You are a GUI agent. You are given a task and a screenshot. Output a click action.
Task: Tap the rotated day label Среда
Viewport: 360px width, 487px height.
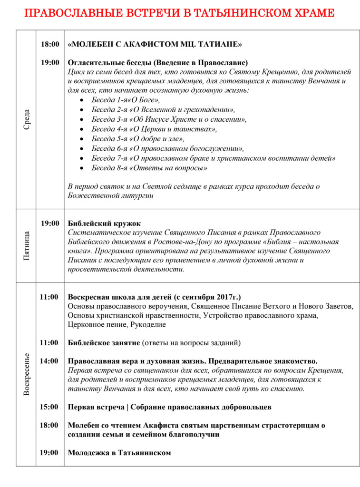(x=27, y=120)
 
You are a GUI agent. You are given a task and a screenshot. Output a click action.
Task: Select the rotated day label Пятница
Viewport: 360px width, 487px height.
(x=27, y=245)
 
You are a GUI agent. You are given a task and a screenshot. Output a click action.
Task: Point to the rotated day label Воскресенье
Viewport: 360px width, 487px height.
(x=27, y=374)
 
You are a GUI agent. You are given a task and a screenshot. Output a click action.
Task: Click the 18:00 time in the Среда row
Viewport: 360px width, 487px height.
(x=49, y=44)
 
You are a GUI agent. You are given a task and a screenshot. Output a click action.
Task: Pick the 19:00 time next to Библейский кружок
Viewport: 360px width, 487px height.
(x=49, y=223)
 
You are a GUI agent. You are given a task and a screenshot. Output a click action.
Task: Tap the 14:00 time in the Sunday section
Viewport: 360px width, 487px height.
(x=49, y=361)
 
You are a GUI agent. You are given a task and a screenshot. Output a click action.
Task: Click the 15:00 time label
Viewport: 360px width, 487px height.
(x=49, y=407)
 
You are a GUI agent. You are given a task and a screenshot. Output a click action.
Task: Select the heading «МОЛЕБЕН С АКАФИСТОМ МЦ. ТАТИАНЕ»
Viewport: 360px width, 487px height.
(x=155, y=44)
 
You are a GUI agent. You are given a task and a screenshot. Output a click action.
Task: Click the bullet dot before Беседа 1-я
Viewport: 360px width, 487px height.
(x=83, y=100)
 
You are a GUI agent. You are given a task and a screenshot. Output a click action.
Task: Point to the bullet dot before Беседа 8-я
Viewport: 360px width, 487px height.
(x=83, y=168)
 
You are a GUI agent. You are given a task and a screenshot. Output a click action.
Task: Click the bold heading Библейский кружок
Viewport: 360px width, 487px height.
(x=104, y=223)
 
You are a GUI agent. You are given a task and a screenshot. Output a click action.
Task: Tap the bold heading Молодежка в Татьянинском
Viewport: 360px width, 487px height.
(x=119, y=452)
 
